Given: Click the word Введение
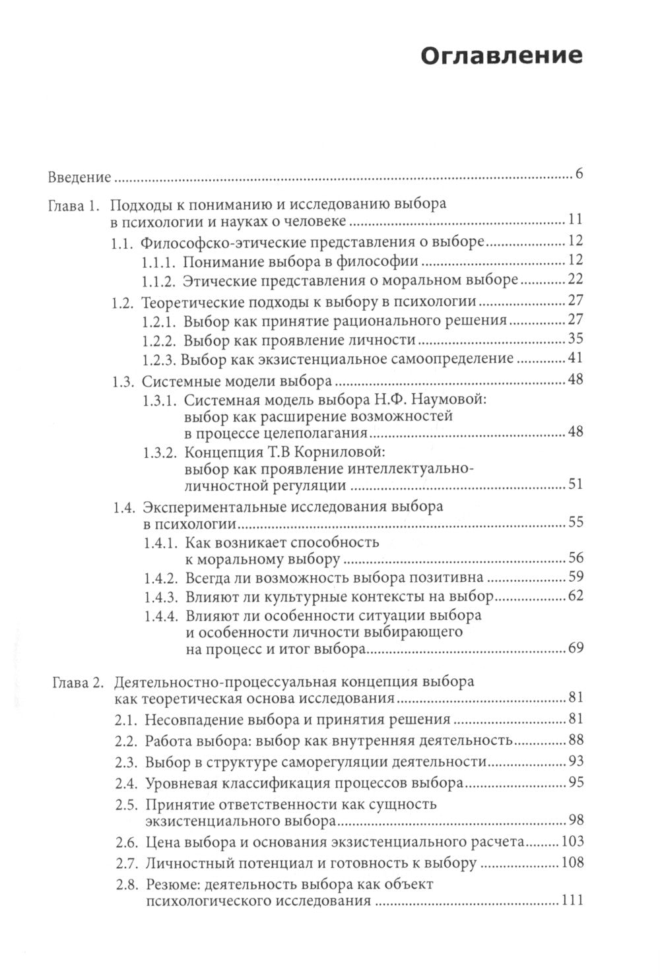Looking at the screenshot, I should [x=79, y=178].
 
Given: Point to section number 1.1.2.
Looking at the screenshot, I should [x=159, y=281].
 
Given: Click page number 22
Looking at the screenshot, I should [x=574, y=280].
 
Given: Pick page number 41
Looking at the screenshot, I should [x=574, y=360].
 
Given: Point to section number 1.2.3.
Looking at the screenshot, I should [x=159, y=360].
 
